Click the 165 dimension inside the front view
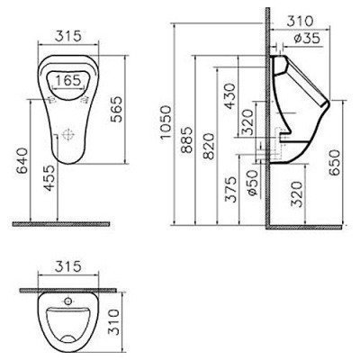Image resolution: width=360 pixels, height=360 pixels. [x=68, y=80]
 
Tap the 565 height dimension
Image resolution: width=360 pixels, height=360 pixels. [x=116, y=110]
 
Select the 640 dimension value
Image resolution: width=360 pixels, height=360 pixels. [x=23, y=160]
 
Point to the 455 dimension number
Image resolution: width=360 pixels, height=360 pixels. [x=49, y=179]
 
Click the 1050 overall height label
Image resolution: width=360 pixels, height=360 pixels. [x=166, y=121]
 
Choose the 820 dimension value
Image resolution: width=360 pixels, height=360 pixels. [x=209, y=146]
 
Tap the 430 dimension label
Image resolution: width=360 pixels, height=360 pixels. [x=230, y=96]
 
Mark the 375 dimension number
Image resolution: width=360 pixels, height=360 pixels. [x=231, y=190]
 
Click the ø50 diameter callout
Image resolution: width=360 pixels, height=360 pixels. [x=252, y=183]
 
